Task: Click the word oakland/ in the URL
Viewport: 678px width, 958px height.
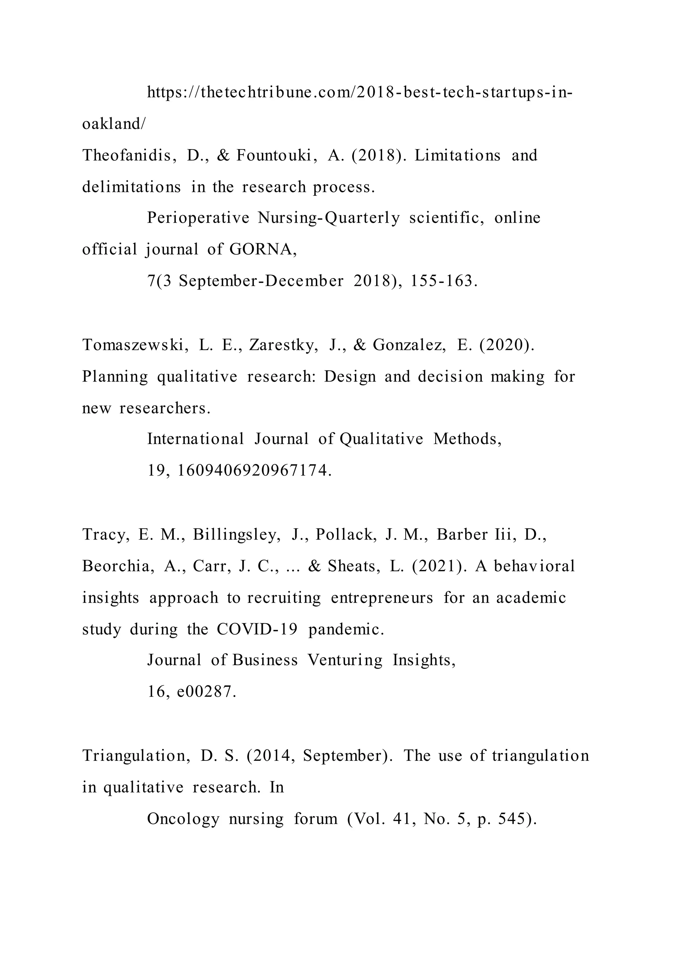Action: click(x=114, y=124)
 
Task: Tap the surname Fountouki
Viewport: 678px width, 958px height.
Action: click(x=274, y=155)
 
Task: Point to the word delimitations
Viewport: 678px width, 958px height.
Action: click(x=131, y=187)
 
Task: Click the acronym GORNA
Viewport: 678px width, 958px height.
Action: click(x=263, y=249)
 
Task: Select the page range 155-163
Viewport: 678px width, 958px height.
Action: click(x=443, y=281)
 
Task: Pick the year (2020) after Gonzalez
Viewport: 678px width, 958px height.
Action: click(x=507, y=345)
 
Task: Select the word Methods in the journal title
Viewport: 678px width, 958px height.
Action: click(x=467, y=439)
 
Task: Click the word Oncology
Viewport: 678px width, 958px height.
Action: click(x=183, y=819)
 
